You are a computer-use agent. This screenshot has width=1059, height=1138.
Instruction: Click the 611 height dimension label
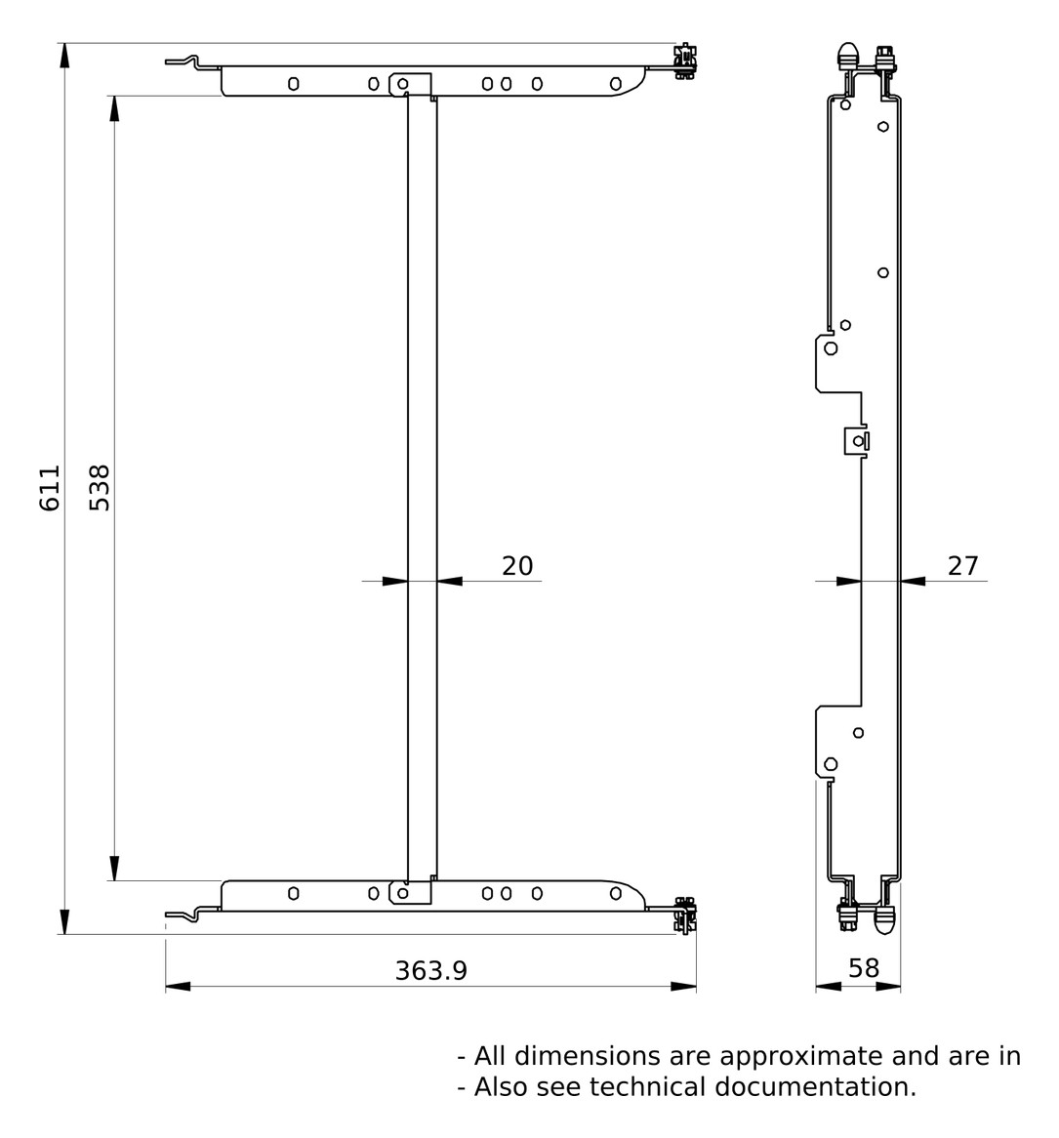pos(50,488)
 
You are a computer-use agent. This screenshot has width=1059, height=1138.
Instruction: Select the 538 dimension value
pos(100,488)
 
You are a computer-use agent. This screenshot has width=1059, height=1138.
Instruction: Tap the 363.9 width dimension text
pos(430,970)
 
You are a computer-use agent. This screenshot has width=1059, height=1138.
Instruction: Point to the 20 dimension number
pos(517,566)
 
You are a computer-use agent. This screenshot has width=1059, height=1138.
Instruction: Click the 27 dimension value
pos(962,566)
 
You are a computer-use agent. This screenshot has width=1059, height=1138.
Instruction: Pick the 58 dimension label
pos(863,968)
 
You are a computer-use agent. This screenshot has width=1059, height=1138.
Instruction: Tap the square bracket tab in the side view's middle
pos(855,441)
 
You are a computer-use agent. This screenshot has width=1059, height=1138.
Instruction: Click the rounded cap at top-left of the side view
pos(846,55)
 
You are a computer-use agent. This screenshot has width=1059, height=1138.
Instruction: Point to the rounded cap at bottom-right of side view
pos(885,918)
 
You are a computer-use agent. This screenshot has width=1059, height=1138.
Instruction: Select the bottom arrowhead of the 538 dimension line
pos(114,868)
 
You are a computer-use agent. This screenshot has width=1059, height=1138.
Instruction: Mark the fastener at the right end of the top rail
pos(685,61)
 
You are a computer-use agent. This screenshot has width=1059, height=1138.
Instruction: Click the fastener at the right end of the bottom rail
pos(685,914)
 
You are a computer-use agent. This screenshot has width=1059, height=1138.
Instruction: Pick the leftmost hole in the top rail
pos(293,84)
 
